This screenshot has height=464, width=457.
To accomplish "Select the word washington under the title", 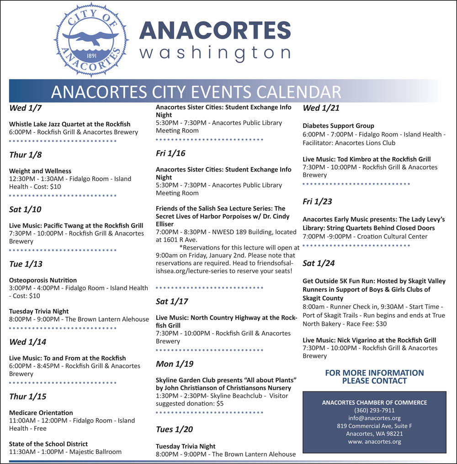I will pos(215,52).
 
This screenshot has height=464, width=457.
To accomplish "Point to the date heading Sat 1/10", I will pos(25,209).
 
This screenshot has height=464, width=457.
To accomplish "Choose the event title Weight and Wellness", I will pos(40,171).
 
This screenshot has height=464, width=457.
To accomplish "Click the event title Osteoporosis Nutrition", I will pos(43,280).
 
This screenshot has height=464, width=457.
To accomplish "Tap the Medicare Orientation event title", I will pos(41,413).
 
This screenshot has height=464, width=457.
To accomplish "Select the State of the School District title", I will pos(48,444).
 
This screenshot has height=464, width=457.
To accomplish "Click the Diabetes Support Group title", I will pos(338,126).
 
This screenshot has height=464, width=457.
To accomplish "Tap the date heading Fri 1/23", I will pos(317,201).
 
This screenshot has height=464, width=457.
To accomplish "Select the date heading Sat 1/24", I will pos(319,263).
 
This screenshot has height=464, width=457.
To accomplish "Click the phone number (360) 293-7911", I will pos(374,410).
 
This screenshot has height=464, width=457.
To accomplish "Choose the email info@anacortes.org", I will pos(374,418).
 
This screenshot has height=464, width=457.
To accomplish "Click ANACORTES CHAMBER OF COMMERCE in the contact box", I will pos(374,402).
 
